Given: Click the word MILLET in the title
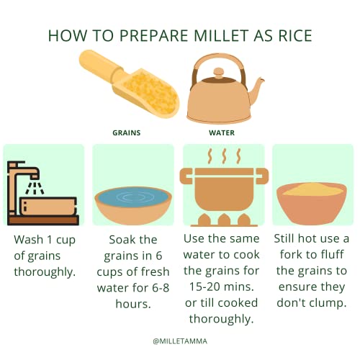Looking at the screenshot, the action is pyautogui.click(x=220, y=35).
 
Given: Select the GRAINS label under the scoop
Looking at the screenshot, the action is pyautogui.click(x=127, y=133).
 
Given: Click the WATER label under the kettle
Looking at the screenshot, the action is pyautogui.click(x=222, y=133).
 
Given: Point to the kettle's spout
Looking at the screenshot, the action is pyautogui.click(x=257, y=89).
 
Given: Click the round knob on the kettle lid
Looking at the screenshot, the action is pyautogui.click(x=218, y=72).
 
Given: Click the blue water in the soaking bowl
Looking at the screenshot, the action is pyautogui.click(x=133, y=197).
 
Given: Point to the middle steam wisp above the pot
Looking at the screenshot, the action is pyautogui.click(x=224, y=156).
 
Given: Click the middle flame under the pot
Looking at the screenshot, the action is pyautogui.click(x=224, y=220).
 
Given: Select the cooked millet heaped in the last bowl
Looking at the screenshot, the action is pyautogui.click(x=312, y=189).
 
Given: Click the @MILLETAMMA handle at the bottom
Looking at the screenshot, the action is pyautogui.click(x=180, y=341).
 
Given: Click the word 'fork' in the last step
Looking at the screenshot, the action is pyautogui.click(x=290, y=254).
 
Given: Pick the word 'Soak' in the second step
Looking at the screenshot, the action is pyautogui.click(x=120, y=240).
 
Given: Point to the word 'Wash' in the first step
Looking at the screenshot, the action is pyautogui.click(x=29, y=240).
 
